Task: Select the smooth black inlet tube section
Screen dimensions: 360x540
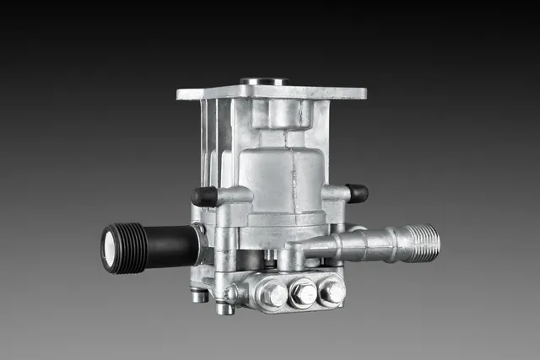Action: (x=170, y=245)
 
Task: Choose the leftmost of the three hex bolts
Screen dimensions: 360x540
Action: (x=273, y=294)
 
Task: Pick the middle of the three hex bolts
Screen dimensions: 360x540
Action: (x=302, y=293)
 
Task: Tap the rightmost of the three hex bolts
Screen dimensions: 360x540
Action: (x=331, y=291)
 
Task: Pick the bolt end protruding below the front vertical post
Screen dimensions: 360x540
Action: (x=224, y=308)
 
